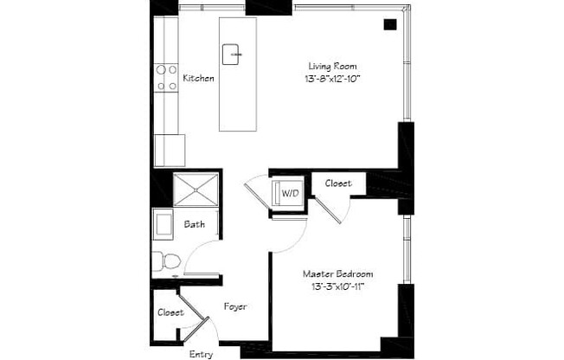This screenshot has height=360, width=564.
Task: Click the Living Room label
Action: click(x=333, y=66)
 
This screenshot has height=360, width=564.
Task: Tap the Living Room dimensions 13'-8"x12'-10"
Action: click(x=333, y=79)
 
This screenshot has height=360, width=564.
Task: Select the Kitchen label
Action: click(x=198, y=78)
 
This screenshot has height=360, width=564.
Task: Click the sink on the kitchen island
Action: click(x=233, y=54)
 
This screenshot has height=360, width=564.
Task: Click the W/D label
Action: click(x=290, y=194)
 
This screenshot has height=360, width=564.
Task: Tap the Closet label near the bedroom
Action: click(x=336, y=183)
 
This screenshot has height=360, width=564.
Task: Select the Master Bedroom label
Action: click(x=333, y=273)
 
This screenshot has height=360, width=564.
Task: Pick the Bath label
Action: click(x=195, y=225)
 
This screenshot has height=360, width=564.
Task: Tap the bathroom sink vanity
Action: click(x=163, y=225)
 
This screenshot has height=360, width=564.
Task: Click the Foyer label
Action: click(x=236, y=306)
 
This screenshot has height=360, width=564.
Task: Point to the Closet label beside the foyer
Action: click(x=170, y=312)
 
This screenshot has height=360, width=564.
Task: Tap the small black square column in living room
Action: click(x=390, y=25)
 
